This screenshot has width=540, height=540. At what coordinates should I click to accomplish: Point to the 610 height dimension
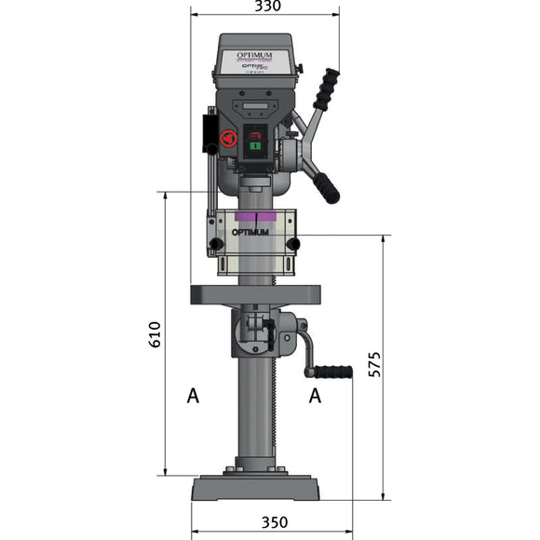(155, 335)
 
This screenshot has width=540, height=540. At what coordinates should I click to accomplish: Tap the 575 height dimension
(374, 364)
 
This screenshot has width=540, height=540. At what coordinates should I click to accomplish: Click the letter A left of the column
(193, 397)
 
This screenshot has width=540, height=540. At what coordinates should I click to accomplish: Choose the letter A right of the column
(316, 397)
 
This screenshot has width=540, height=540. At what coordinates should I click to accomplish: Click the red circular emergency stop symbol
(226, 140)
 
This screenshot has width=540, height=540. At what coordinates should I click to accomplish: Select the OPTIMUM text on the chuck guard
(249, 232)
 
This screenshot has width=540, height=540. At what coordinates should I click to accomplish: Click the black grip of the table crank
(332, 372)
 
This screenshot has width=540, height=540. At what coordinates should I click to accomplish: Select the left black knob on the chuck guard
(216, 245)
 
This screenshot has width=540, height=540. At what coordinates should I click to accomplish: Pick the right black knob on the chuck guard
(293, 245)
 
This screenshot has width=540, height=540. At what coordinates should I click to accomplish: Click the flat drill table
(256, 295)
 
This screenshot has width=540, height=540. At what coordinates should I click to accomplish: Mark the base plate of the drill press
(256, 488)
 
